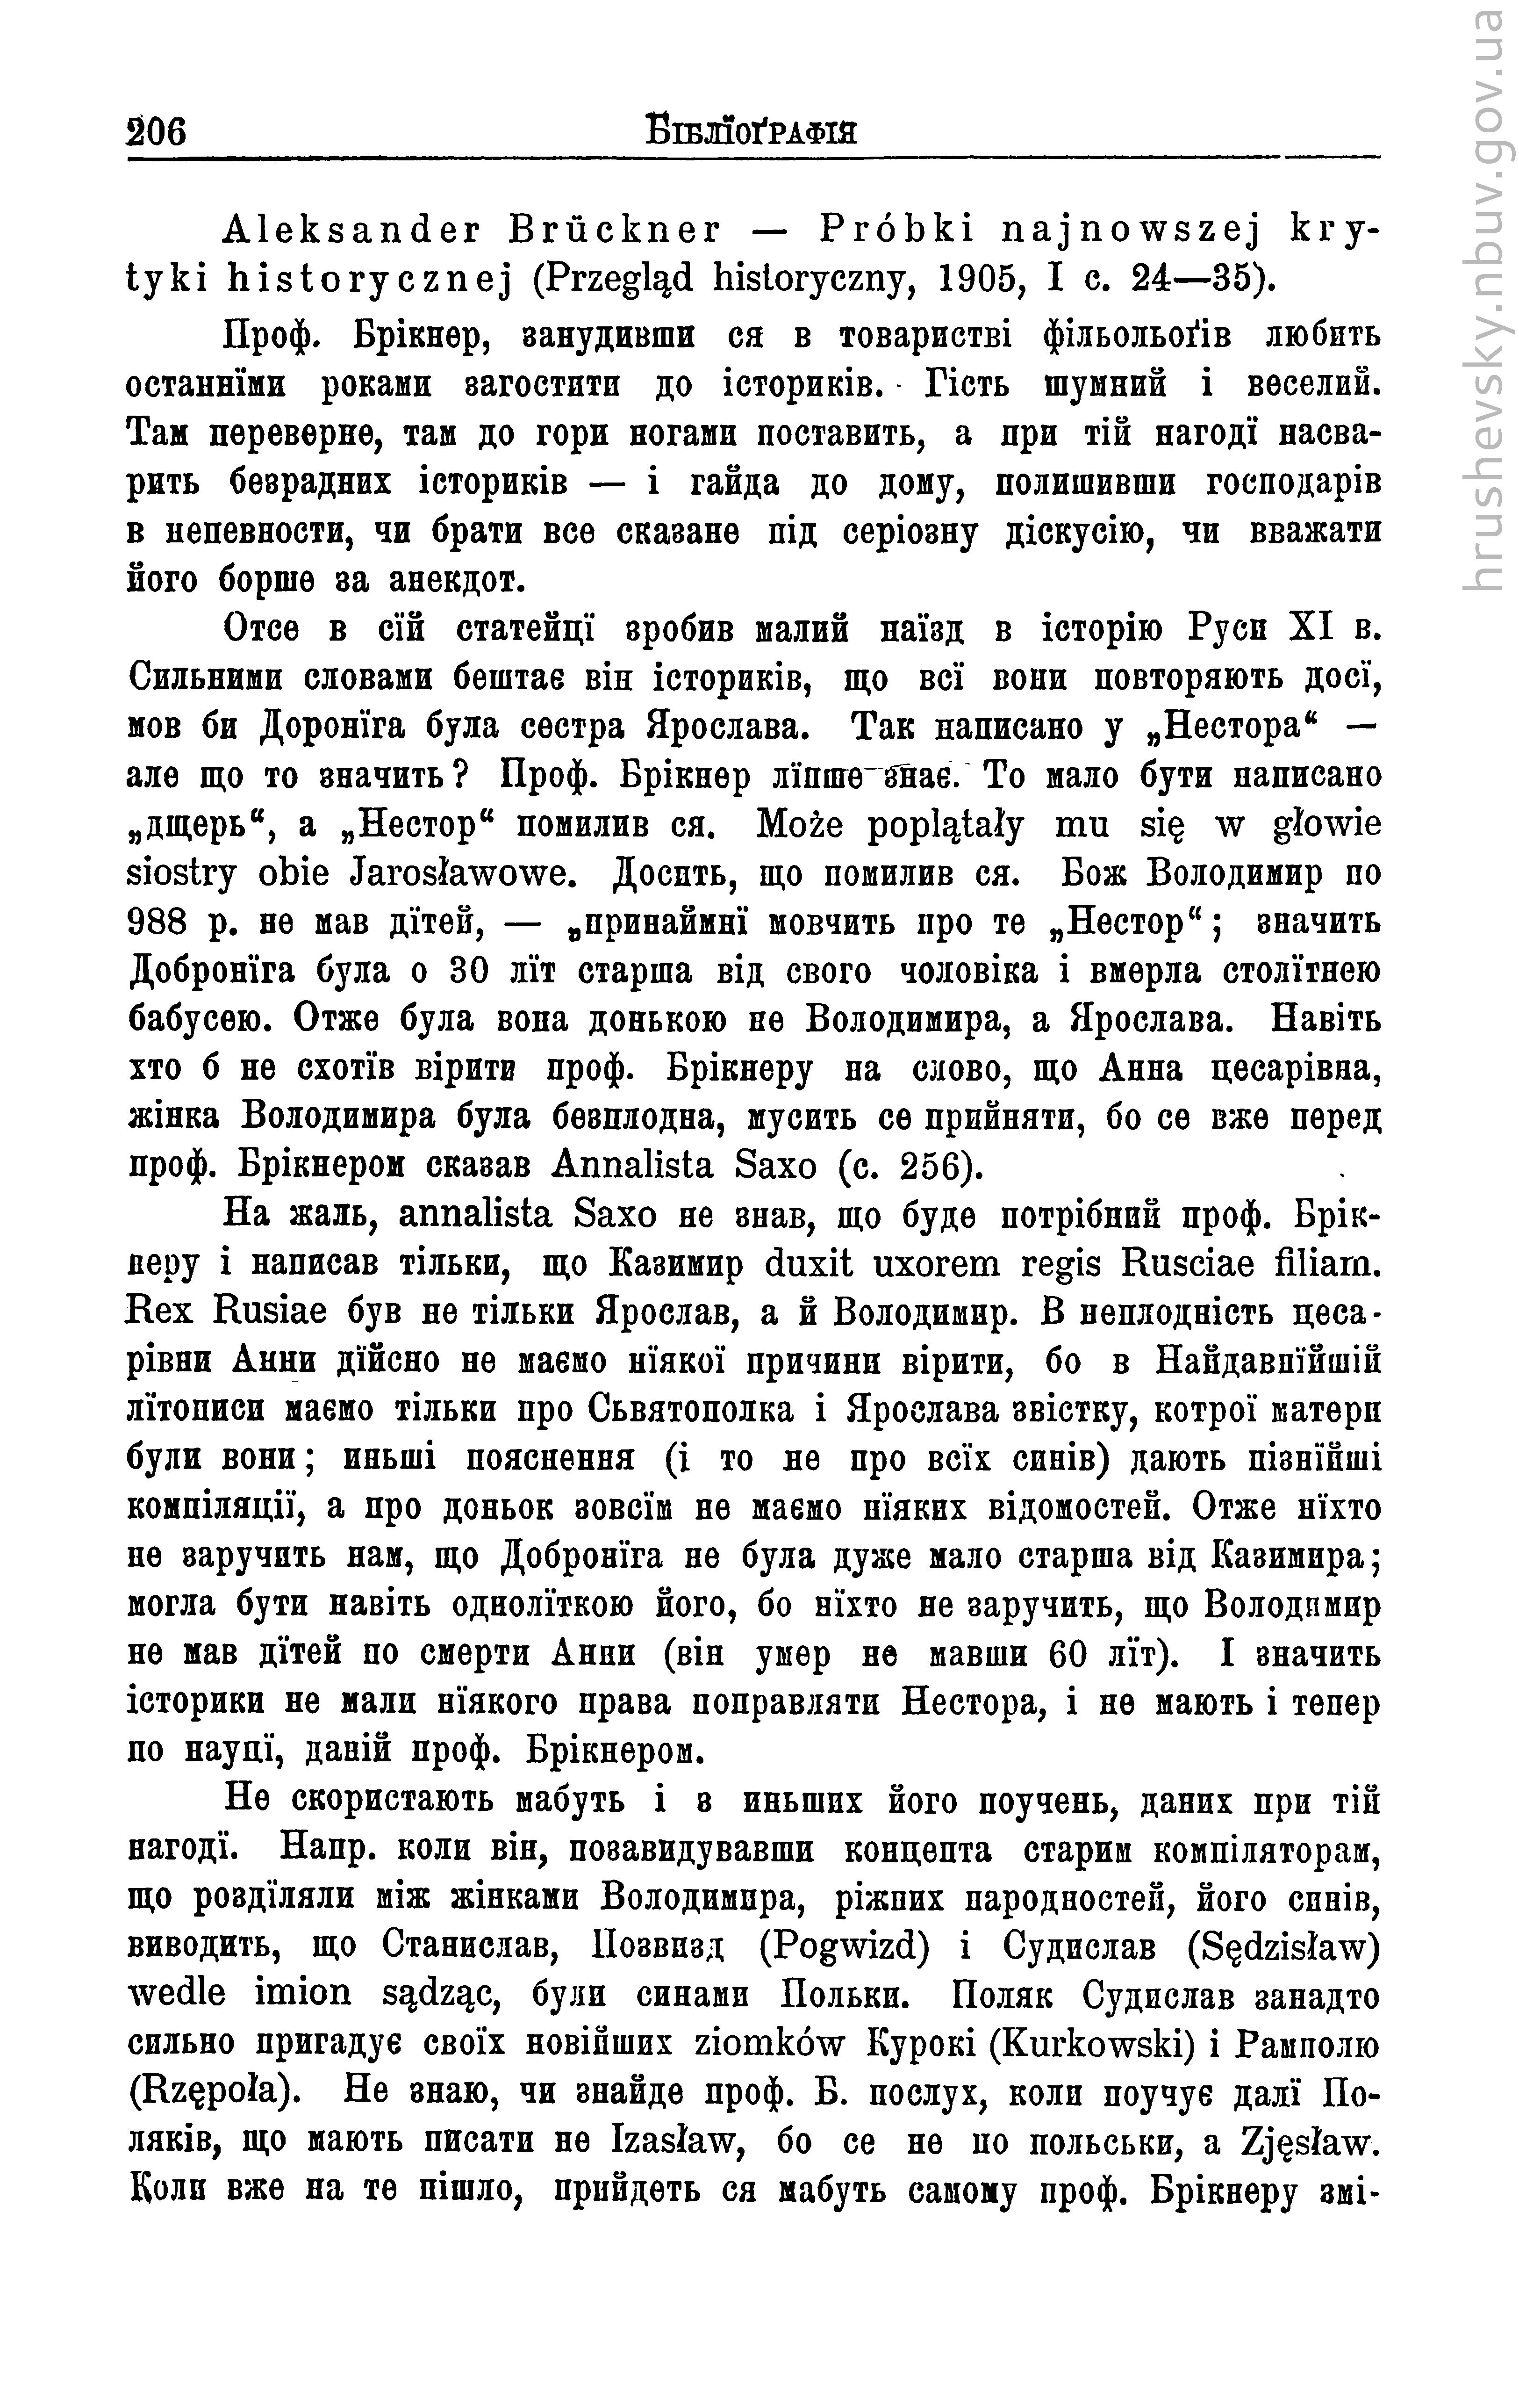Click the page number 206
(x=157, y=132)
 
